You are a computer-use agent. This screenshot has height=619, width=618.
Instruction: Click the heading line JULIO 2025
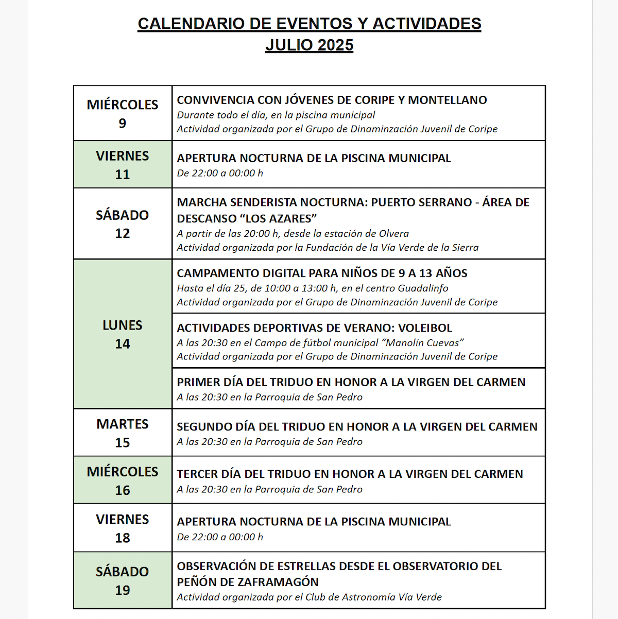tap(310, 45)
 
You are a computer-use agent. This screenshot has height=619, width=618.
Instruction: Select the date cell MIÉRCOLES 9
tap(123, 113)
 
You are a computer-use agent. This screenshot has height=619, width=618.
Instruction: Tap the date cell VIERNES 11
tap(123, 165)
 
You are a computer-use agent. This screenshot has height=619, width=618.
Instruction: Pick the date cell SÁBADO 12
tap(123, 224)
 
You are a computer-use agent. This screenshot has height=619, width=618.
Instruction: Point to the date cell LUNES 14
tap(123, 334)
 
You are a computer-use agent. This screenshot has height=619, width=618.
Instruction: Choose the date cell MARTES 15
tap(123, 433)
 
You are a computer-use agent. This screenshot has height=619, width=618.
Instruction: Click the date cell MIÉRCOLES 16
tap(123, 480)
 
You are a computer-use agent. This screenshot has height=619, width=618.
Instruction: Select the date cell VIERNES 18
tap(123, 528)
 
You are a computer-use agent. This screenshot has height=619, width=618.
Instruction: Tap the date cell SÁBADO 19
tap(123, 580)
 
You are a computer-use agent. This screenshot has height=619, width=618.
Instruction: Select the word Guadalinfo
tap(423, 288)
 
